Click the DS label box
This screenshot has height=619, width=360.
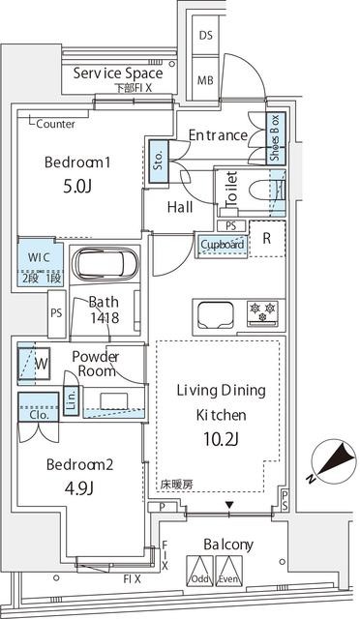(x=206, y=36)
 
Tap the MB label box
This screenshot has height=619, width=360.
(x=206, y=79)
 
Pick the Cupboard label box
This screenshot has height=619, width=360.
(x=222, y=244)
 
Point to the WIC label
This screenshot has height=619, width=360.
(x=38, y=257)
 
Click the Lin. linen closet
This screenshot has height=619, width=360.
(x=71, y=398)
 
